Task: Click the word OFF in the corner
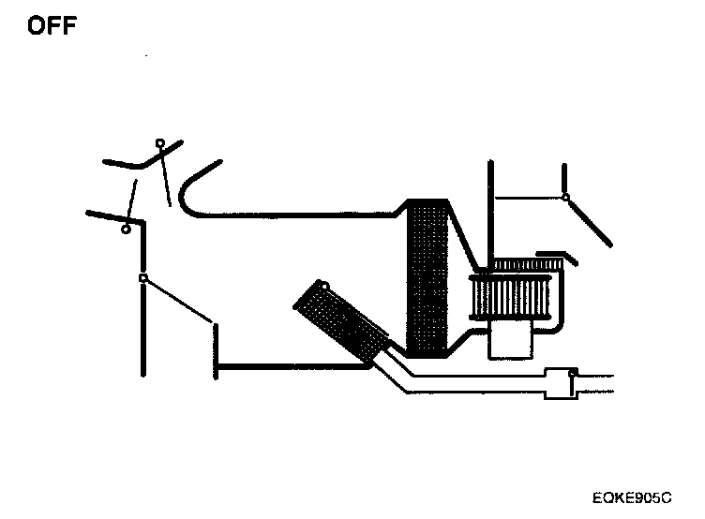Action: click(52, 25)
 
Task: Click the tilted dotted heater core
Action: click(340, 319)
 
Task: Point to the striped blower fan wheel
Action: click(515, 297)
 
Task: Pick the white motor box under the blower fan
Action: click(511, 341)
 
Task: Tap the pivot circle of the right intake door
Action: click(565, 197)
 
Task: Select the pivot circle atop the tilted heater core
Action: click(322, 286)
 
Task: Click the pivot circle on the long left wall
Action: click(142, 278)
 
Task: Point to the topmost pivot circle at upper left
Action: click(160, 143)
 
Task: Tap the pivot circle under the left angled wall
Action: click(126, 229)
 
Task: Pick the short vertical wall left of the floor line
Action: click(217, 350)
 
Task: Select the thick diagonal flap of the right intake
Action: click(590, 221)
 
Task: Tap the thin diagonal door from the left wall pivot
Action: click(178, 301)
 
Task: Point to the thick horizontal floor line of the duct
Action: click(291, 366)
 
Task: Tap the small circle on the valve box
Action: click(573, 374)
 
